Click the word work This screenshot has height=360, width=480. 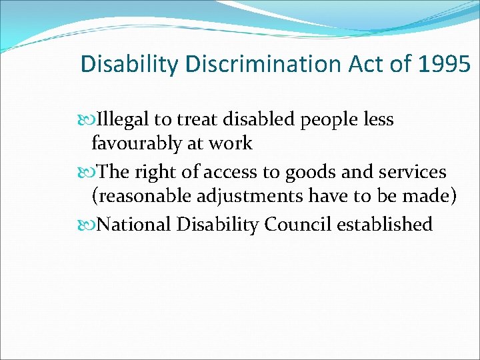click(231, 143)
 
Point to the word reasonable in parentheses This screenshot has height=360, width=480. click(140, 196)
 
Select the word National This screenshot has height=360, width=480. click(135, 225)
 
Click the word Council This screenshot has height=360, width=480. click(298, 225)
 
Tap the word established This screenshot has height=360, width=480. click(385, 225)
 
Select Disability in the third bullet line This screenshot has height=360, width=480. click(219, 225)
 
